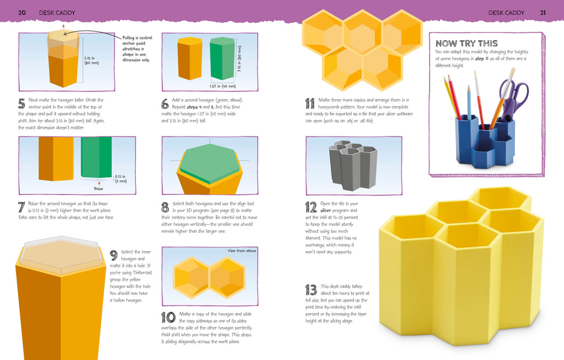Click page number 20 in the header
[x=22, y=12]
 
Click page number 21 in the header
[x=543, y=12]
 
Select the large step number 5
[x=22, y=103]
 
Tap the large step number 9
[x=114, y=255]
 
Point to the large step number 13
[x=311, y=290]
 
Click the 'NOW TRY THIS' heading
[x=467, y=43]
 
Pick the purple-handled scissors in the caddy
[x=512, y=96]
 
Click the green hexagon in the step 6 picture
[x=223, y=58]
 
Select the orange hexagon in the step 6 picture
[x=189, y=58]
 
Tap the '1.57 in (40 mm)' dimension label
[x=223, y=86]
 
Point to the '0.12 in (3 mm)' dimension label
[x=120, y=178]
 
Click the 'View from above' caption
[x=242, y=251]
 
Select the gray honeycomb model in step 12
[x=352, y=165]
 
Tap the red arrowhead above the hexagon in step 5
[x=64, y=26]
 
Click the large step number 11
[x=310, y=102]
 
